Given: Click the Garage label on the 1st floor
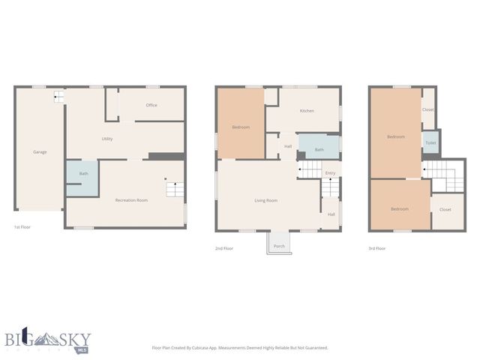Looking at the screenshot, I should [40, 152].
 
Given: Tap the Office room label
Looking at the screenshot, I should [151, 105].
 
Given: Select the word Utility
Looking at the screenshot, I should [107, 139].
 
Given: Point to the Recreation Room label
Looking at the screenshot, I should [131, 200].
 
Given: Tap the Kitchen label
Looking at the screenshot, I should [307, 111].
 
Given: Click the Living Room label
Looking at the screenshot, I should [265, 200].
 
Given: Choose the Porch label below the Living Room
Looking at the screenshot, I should [279, 246].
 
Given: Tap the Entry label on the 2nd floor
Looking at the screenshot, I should [330, 174].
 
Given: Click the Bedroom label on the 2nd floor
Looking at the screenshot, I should [241, 127].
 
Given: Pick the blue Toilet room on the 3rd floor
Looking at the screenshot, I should [430, 142].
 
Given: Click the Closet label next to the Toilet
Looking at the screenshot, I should [427, 109].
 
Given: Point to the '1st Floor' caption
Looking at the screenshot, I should [22, 226].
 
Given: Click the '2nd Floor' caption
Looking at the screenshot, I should [225, 247].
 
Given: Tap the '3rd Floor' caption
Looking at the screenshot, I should [376, 247].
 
